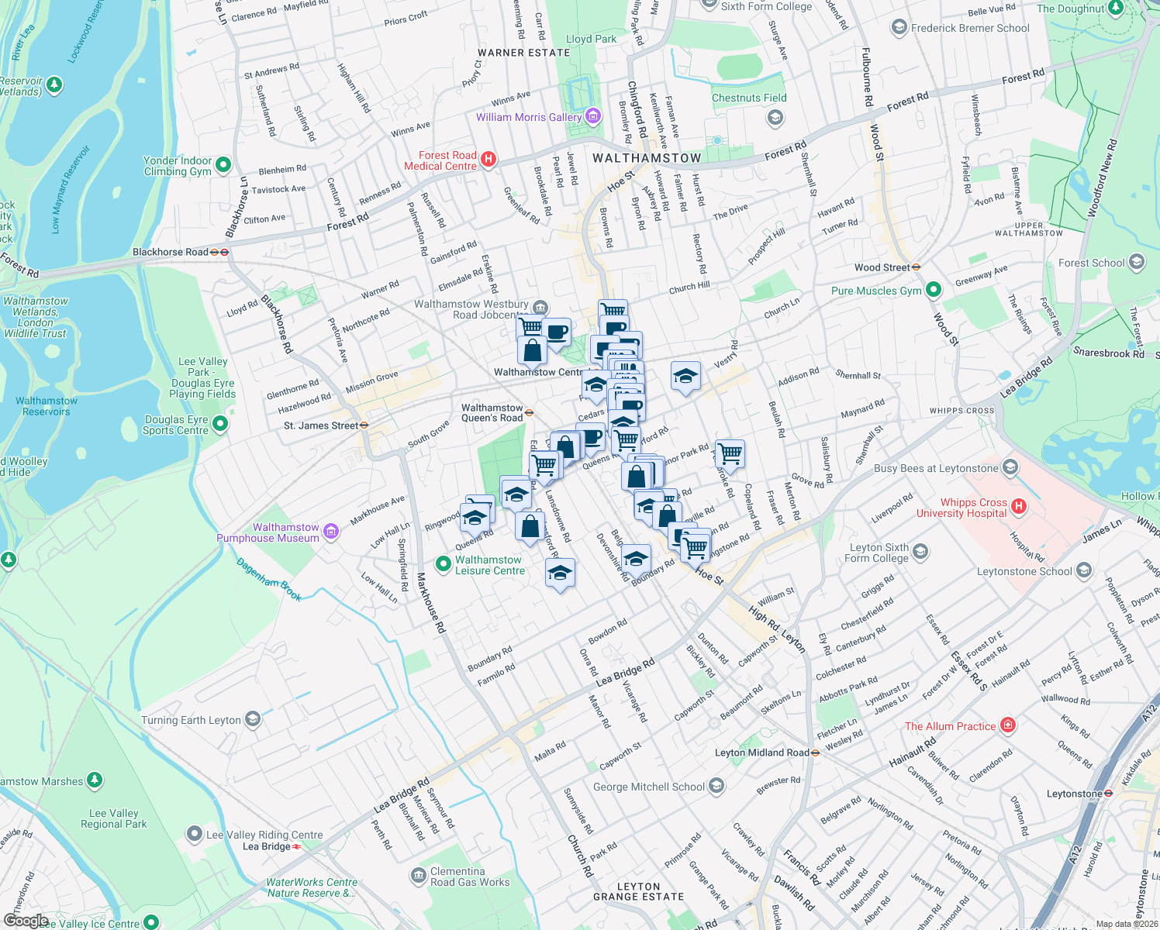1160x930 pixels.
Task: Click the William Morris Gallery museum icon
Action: [593, 116]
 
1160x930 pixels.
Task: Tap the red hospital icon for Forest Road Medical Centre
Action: [489, 160]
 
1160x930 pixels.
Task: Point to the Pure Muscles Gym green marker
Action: [934, 290]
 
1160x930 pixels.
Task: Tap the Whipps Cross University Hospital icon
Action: [1019, 507]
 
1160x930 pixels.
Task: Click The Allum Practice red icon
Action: [1007, 725]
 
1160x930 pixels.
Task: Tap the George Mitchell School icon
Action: [716, 786]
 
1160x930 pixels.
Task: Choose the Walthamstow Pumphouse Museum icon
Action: [331, 532]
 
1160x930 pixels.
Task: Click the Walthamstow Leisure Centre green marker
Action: [443, 564]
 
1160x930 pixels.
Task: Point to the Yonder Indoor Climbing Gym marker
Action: [223, 164]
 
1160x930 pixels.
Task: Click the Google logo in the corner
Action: [26, 921]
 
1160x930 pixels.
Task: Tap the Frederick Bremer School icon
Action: [899, 28]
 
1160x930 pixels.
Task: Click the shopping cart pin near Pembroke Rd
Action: [730, 453]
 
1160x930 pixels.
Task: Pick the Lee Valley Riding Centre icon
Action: [194, 834]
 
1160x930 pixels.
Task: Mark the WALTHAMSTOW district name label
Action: [647, 158]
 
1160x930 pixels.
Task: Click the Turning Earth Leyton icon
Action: [253, 719]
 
